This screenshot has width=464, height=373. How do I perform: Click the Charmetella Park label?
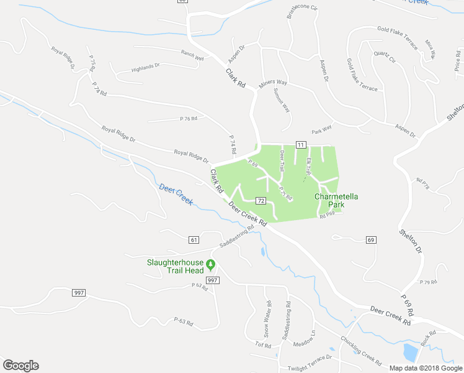337,200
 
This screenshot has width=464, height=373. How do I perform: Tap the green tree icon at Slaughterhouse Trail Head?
210,265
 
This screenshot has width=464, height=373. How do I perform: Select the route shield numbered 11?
301,144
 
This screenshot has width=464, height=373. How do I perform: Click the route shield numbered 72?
261,201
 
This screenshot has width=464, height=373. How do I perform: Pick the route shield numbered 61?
194,239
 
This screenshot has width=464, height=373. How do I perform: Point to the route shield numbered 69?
371,239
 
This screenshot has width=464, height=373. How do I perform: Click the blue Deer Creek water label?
176,195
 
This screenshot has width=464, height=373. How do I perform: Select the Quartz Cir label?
385,57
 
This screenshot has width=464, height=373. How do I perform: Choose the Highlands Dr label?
146,67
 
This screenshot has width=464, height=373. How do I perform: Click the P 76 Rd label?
189,118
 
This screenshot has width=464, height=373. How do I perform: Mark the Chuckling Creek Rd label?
360,350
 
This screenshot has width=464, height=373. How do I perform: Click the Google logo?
20,366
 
